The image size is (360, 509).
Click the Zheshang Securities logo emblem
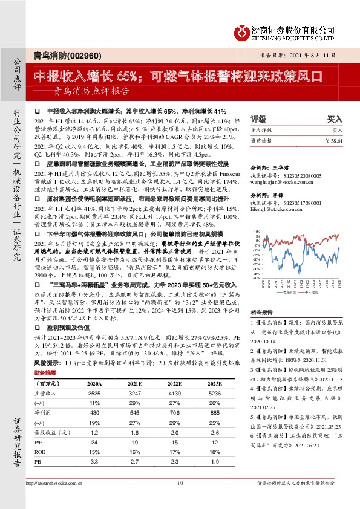click(x=241, y=31)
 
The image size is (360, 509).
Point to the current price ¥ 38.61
click(x=333, y=140)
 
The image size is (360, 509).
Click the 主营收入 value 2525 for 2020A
click(x=94, y=394)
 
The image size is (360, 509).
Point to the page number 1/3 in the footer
click(x=180, y=499)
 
